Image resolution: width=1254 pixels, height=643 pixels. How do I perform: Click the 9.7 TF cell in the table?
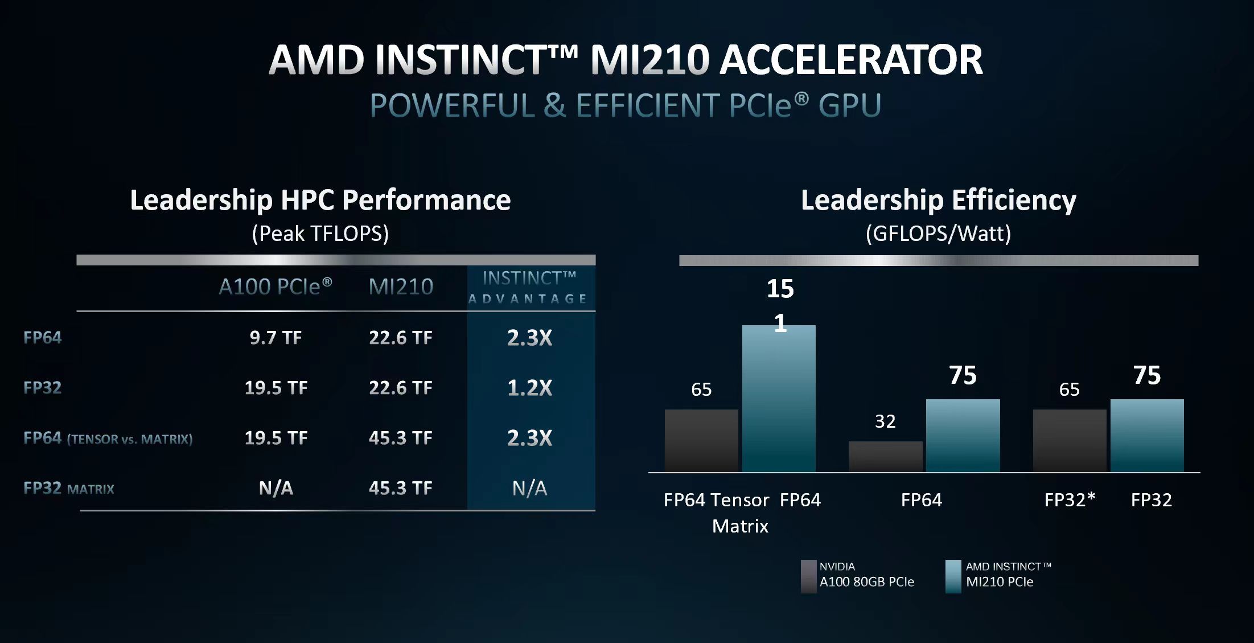[x=276, y=338]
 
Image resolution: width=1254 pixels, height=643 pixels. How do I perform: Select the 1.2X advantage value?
[x=529, y=388]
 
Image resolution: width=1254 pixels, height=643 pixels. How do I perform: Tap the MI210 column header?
[x=401, y=286]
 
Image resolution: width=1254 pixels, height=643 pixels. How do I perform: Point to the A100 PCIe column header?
[x=276, y=286]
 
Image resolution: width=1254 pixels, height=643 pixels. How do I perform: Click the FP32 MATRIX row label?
[x=69, y=489]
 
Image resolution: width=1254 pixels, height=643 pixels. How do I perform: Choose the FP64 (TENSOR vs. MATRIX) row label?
[x=108, y=438]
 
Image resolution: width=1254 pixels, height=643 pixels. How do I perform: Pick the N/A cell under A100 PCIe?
[x=276, y=488]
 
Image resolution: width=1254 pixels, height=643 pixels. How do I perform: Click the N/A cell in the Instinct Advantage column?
[x=529, y=488]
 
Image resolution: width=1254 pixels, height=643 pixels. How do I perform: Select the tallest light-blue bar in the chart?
[x=779, y=399]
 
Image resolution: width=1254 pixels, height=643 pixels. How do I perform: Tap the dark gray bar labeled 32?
[x=885, y=456]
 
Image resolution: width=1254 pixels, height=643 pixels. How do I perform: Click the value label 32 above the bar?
[x=885, y=421]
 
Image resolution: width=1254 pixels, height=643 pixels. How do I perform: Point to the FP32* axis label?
[x=1070, y=500]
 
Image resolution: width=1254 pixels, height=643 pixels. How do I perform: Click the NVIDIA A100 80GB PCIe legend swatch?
[x=808, y=576]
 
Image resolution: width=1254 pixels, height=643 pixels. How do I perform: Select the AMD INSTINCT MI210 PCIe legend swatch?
[x=953, y=576]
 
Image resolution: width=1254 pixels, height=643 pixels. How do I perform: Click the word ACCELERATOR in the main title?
[x=851, y=60]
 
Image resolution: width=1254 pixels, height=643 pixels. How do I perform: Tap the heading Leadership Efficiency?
[x=938, y=200]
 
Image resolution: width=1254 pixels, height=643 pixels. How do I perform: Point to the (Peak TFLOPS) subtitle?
[x=320, y=234]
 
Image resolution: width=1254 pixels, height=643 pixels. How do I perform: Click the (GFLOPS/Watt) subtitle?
[x=938, y=234]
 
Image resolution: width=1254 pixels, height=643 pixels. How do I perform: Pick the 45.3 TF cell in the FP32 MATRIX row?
[x=401, y=488]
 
